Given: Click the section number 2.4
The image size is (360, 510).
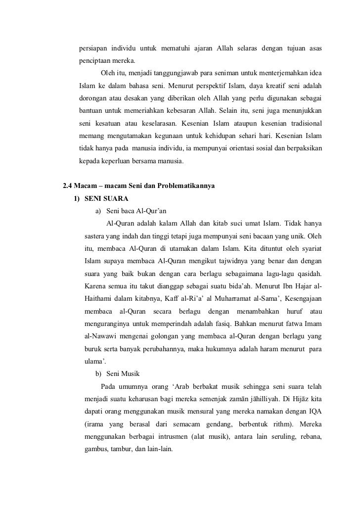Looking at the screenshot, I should coord(69,186).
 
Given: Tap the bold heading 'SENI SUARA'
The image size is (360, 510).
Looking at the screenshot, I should coord(105,199).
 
